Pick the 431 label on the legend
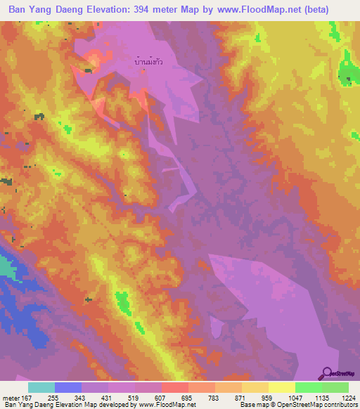click(x=108, y=398)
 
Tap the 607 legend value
click(x=161, y=398)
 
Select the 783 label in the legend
click(x=214, y=398)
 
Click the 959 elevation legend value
click(x=267, y=398)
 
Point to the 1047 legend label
click(x=294, y=398)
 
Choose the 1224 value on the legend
click(x=347, y=398)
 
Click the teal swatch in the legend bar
click(x=41, y=387)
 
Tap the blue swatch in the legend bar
click(x=68, y=387)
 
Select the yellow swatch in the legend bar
click(x=281, y=387)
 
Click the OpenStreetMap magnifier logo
click(x=328, y=372)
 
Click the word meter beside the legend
click(x=10, y=398)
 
